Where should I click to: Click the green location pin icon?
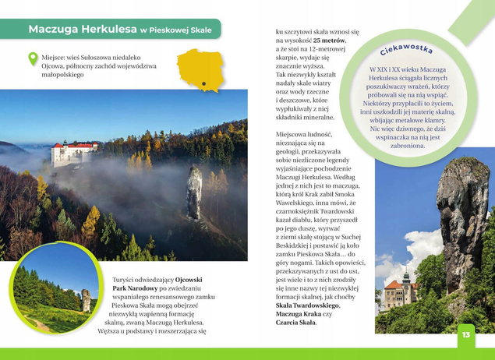[x=33, y=58]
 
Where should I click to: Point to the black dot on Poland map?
[x=203, y=81]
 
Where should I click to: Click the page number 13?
[x=465, y=334]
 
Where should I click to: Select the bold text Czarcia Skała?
[x=295, y=322]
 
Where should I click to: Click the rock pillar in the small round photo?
[x=86, y=299]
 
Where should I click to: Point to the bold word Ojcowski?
[x=189, y=279]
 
